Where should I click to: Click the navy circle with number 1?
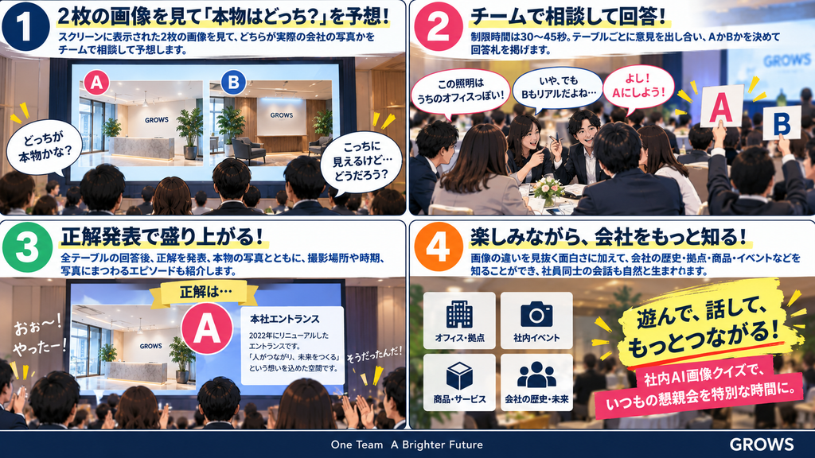pos(26,27)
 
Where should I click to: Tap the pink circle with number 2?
pos(439,27)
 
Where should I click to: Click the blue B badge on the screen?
pos(233,83)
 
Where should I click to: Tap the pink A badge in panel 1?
pos(96,83)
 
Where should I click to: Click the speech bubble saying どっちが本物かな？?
pos(45,147)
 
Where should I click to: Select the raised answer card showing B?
pos(782,122)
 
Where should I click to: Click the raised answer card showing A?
pos(721,107)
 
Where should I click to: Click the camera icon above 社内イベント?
pos(536,313)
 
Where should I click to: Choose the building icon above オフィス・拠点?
pos(459,314)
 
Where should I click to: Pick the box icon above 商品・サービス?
pos(459,376)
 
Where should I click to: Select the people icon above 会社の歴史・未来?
pos(536,375)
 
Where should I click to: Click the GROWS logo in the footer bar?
pos(762,444)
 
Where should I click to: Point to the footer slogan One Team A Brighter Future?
pos(407,444)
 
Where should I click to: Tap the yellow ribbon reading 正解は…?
pos(208,293)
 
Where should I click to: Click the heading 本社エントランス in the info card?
pos(284,319)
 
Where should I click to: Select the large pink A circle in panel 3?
pos(207,328)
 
